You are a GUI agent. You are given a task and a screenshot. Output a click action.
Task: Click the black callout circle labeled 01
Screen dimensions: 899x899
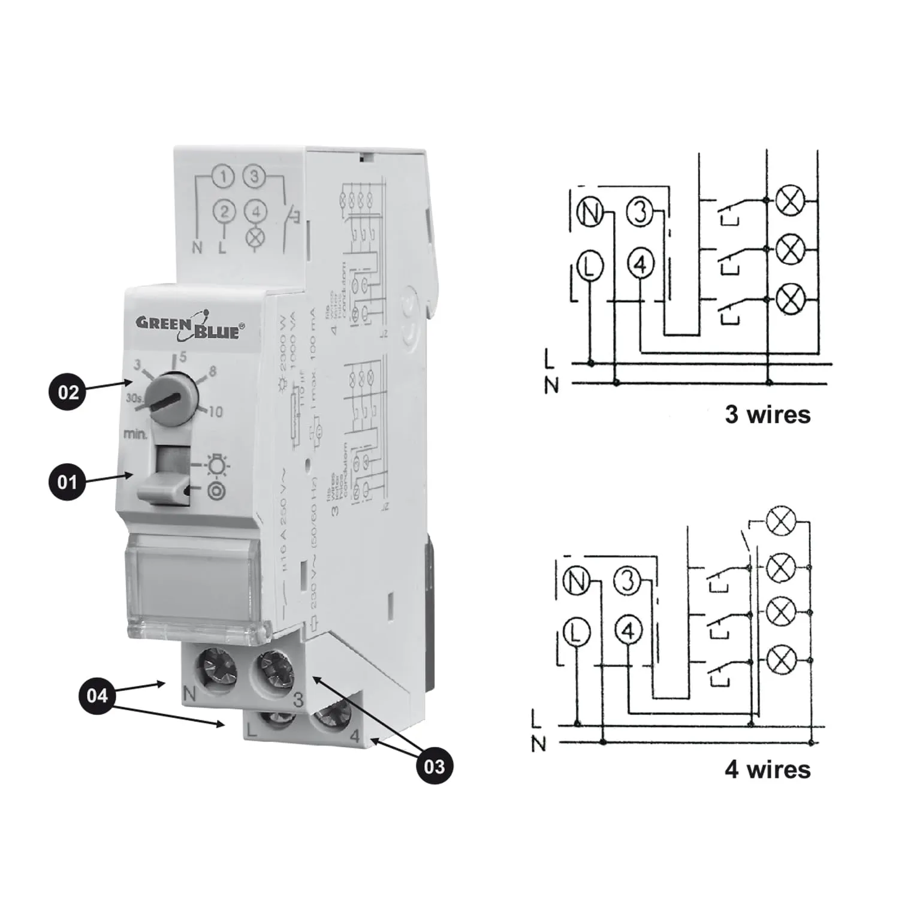tap(67, 482)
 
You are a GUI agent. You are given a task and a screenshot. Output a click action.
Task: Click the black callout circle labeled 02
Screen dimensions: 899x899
tap(68, 393)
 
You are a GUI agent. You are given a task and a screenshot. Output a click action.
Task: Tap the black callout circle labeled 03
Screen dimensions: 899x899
tap(434, 766)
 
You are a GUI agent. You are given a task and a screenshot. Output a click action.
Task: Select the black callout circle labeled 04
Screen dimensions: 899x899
tap(97, 695)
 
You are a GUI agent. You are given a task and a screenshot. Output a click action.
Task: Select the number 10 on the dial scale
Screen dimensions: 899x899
tap(215, 412)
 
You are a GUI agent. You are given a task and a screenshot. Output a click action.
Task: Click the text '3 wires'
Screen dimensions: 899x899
tap(767, 414)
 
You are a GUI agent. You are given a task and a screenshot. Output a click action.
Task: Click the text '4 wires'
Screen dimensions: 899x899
tap(767, 769)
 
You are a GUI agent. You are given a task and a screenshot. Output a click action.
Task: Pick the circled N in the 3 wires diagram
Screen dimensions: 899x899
tap(591, 213)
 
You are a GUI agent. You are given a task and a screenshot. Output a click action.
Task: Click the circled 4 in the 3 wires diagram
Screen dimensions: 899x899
tap(641, 264)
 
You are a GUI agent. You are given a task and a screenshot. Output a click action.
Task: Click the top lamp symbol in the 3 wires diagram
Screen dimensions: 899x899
tap(790, 199)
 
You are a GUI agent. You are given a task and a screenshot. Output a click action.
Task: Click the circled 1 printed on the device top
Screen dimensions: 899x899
tap(224, 177)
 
